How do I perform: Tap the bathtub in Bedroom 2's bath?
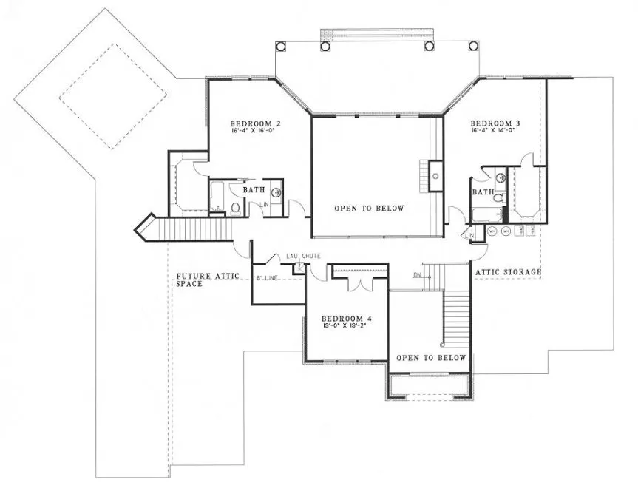217,197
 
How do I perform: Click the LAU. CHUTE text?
303,256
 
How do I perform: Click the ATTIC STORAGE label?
508,272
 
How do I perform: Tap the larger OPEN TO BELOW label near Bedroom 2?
369,209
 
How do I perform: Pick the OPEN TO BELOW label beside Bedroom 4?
430,358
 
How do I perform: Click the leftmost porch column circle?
279,46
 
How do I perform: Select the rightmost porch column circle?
472,46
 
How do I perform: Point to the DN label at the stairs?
417,276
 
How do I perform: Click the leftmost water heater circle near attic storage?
492,231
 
